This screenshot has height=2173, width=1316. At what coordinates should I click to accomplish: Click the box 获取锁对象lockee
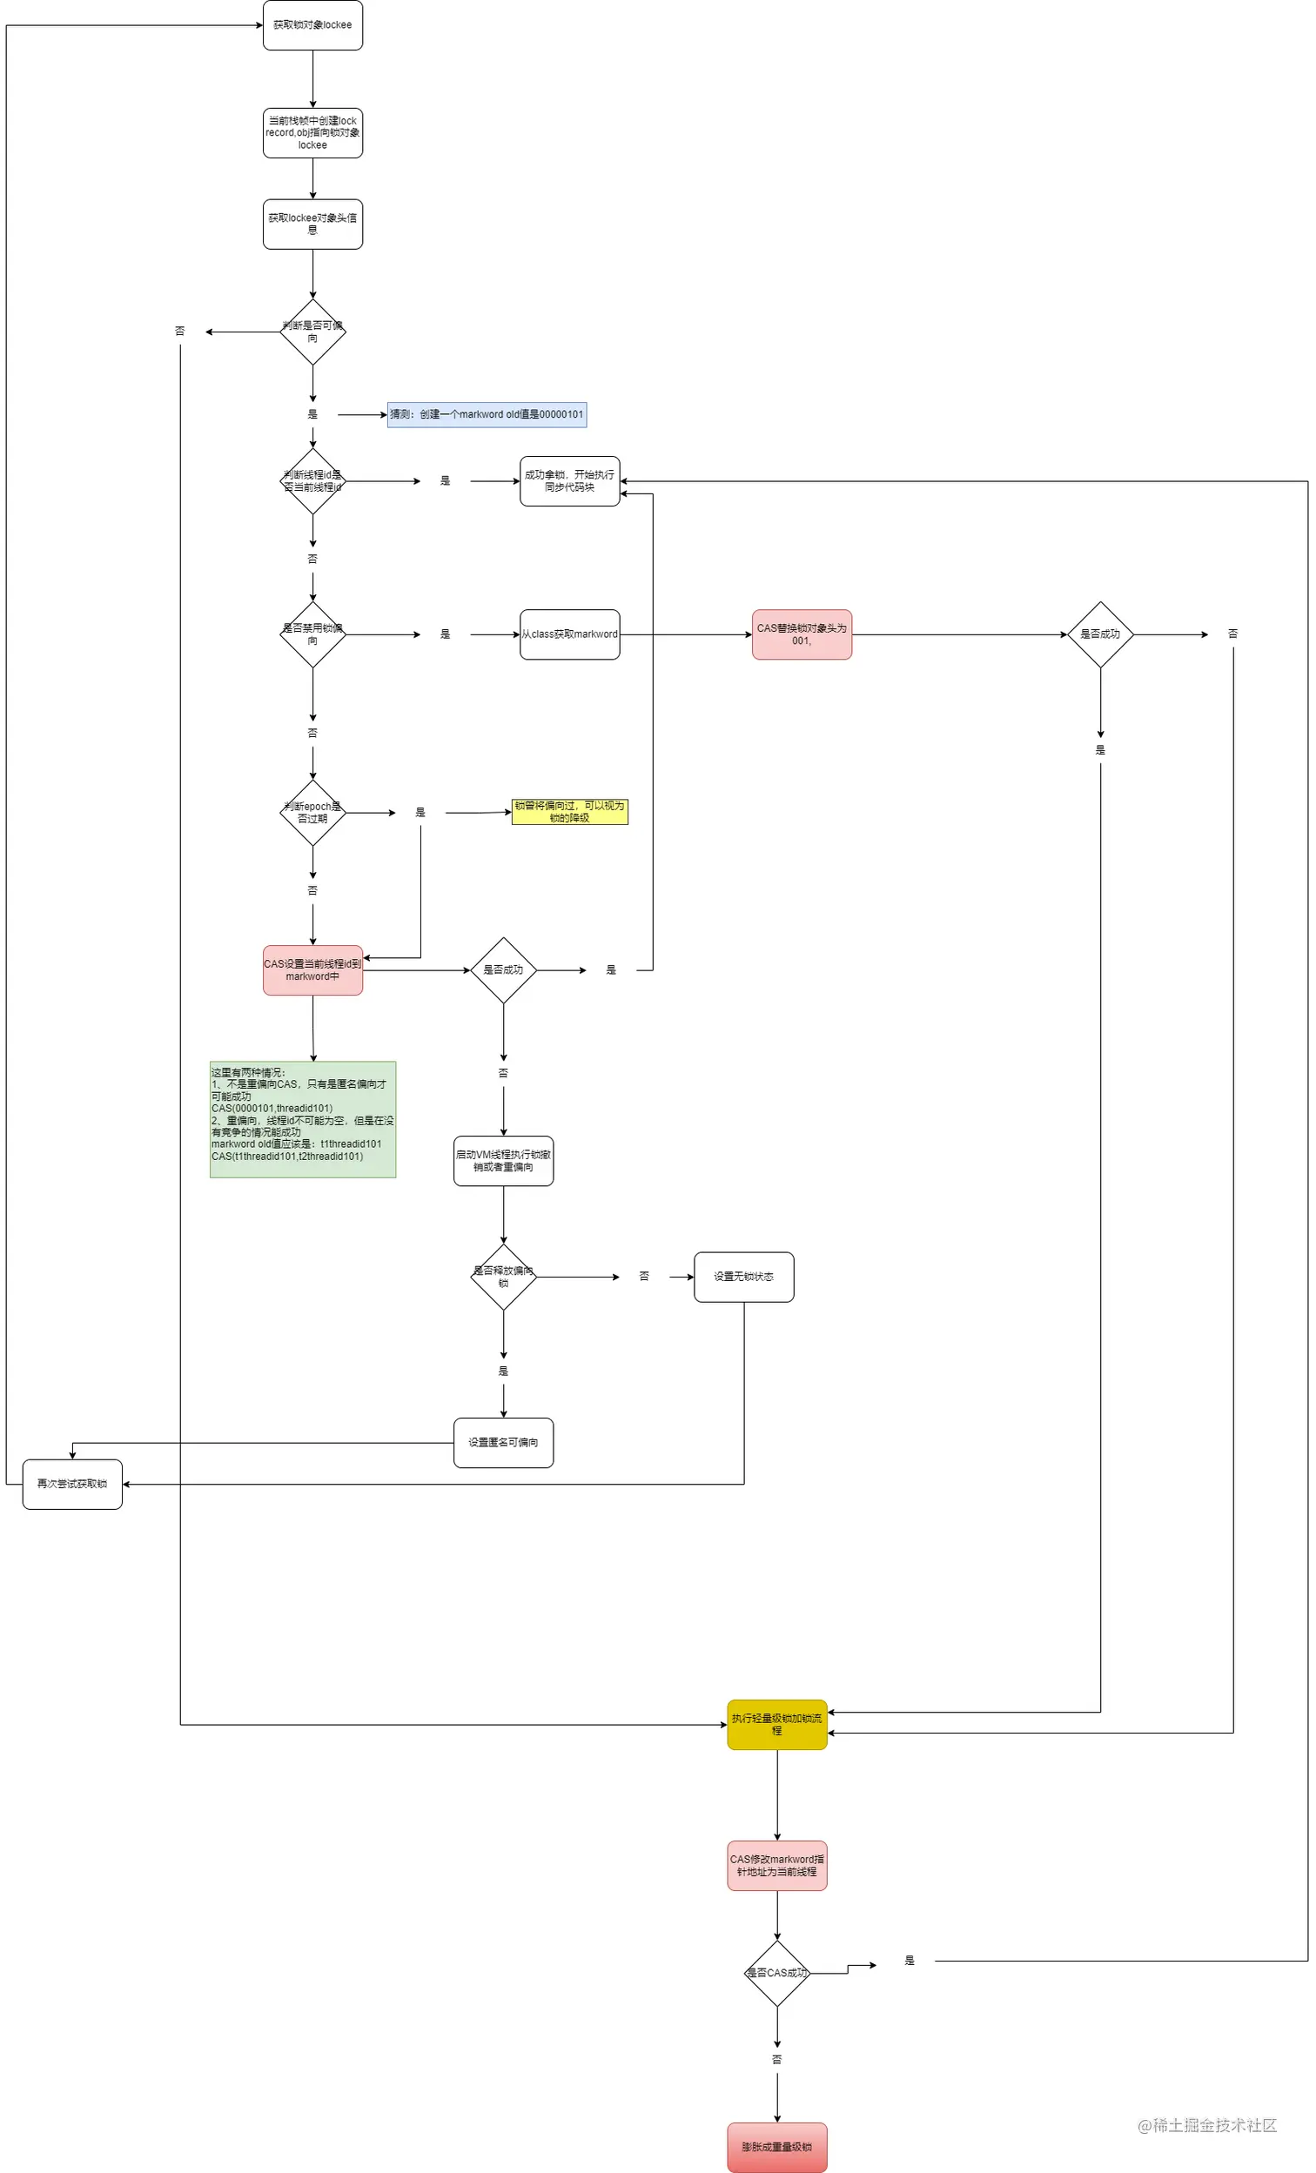tap(312, 24)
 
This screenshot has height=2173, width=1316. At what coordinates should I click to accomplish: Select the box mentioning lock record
tap(312, 133)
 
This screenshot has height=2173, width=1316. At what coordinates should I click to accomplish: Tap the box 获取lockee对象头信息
tap(312, 224)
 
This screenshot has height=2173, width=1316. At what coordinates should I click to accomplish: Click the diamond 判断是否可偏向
tap(312, 332)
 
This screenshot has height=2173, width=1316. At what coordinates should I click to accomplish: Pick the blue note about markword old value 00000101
tap(486, 414)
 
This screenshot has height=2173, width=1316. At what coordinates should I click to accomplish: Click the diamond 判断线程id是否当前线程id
tap(312, 481)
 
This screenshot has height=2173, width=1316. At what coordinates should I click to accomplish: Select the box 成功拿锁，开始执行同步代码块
tap(569, 481)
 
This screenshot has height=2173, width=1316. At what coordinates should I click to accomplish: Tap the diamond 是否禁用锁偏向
tap(312, 634)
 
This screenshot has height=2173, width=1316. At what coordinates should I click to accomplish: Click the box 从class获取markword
tap(569, 634)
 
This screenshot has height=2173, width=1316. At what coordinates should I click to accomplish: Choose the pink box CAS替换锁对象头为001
tap(801, 634)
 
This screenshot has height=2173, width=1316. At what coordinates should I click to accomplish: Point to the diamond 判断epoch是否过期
tap(312, 812)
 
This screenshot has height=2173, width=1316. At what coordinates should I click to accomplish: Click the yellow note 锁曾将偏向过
tap(569, 811)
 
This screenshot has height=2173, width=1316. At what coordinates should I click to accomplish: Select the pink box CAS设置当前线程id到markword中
tap(312, 970)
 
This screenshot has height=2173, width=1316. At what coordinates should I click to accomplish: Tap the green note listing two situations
tap(303, 1119)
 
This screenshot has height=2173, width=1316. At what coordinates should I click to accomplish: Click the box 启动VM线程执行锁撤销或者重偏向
tap(503, 1161)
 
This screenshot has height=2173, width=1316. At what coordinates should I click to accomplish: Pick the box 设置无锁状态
tap(742, 1277)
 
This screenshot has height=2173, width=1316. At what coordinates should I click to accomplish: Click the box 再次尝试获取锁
tap(71, 1485)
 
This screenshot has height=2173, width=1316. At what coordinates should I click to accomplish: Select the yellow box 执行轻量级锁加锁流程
tap(776, 1725)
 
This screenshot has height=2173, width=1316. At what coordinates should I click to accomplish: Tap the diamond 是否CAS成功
tap(776, 1973)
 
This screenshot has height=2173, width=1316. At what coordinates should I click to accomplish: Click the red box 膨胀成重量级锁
tap(776, 2147)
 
